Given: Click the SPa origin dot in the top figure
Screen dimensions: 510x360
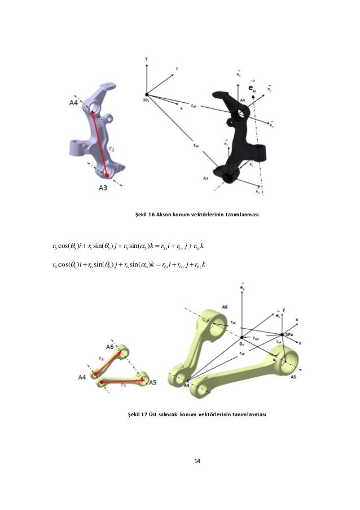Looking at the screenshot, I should (146, 95).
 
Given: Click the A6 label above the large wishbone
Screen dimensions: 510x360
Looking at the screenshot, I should (224, 307).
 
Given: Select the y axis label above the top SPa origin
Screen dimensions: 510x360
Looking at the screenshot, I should (146, 58).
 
